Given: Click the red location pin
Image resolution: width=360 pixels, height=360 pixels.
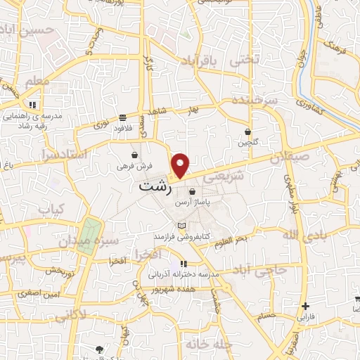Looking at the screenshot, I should [181, 165].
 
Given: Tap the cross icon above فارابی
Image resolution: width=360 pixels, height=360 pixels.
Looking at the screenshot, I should [305, 306].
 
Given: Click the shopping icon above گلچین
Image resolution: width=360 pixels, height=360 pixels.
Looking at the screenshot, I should [247, 131].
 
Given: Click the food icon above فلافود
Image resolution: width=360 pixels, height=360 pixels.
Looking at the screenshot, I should [123, 117].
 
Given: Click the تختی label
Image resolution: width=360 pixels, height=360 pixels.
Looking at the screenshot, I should [245, 60].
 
